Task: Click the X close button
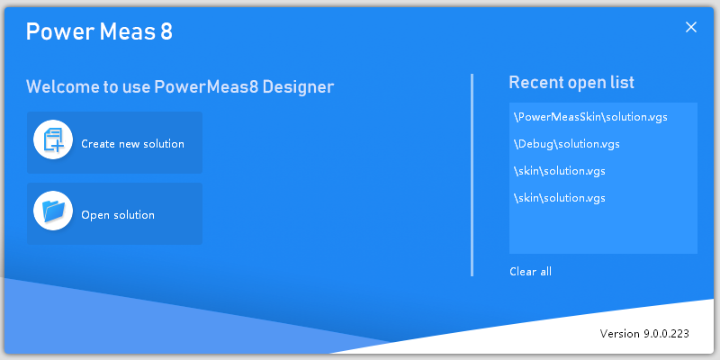[690, 27]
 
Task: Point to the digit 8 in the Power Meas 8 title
[166, 31]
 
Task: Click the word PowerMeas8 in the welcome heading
[206, 86]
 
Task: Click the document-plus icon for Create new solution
[53, 139]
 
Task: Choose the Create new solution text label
[132, 144]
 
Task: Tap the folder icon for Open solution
[53, 211]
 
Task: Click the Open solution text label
[118, 215]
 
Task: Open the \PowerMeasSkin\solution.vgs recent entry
[590, 117]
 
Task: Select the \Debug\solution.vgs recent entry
[567, 144]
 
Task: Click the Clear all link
[530, 272]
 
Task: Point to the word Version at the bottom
[619, 333]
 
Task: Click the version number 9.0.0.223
[665, 333]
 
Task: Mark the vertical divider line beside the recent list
[472, 175]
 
